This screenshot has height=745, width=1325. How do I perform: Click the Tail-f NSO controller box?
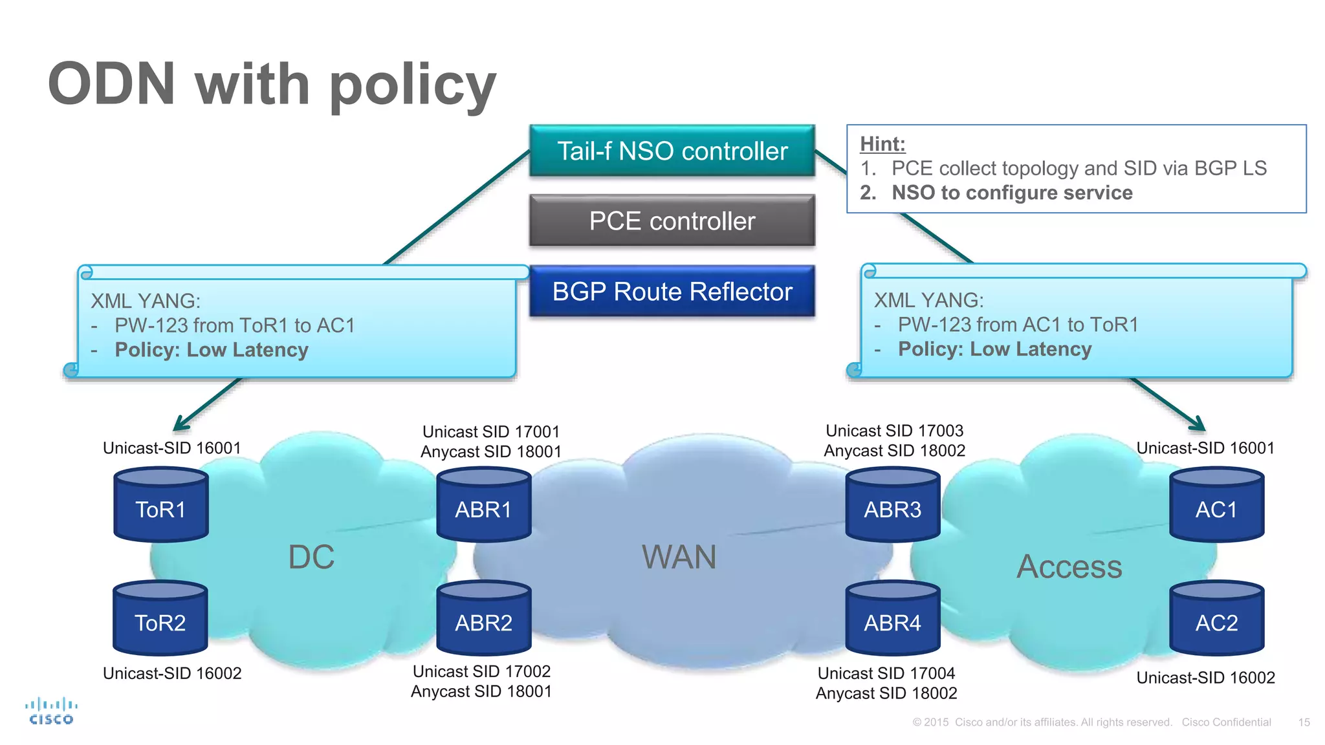tap(672, 151)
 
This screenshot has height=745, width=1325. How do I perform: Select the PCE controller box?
tap(672, 221)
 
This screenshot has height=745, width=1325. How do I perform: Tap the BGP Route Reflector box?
tap(672, 291)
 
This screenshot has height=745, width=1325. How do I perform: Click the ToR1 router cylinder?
tap(160, 506)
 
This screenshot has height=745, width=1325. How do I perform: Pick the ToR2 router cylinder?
tap(160, 620)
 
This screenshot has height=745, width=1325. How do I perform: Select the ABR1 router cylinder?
tap(483, 506)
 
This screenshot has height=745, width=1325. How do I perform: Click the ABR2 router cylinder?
tap(483, 620)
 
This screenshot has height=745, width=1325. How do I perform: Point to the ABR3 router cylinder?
tap(892, 506)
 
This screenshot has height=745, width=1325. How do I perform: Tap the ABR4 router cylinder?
tap(892, 620)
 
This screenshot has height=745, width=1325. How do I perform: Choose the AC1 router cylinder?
tap(1216, 506)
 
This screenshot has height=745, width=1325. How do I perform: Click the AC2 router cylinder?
tap(1216, 620)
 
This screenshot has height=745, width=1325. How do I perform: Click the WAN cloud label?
tap(679, 557)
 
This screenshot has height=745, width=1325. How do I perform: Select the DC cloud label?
tap(311, 557)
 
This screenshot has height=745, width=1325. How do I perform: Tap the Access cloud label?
tap(1069, 567)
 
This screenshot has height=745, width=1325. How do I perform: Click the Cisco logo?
tap(51, 711)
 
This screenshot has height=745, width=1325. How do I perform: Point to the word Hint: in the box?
tap(882, 144)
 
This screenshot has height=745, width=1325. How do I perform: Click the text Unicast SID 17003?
tap(894, 431)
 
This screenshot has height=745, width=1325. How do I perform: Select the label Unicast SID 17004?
tap(886, 673)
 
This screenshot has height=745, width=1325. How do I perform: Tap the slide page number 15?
tap(1304, 722)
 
